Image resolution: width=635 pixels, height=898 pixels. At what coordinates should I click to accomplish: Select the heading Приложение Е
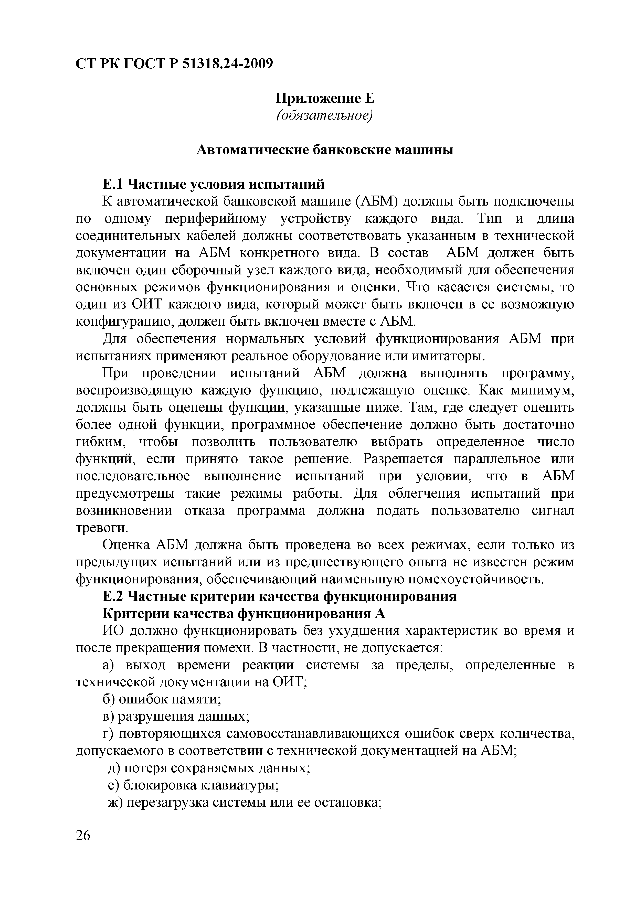click(325, 98)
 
